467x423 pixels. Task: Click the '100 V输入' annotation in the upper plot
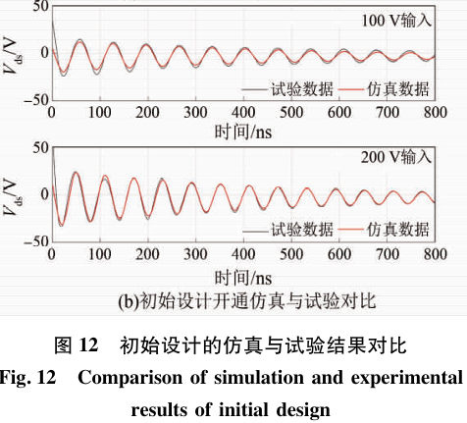click(x=396, y=21)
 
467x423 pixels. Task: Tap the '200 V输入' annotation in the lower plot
click(x=396, y=157)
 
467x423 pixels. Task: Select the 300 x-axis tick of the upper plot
click(x=195, y=113)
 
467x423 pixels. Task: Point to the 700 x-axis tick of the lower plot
click(x=388, y=254)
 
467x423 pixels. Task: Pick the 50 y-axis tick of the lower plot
click(x=41, y=147)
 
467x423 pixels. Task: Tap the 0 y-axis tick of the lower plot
click(x=45, y=194)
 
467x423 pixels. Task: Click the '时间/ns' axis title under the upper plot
click(x=243, y=132)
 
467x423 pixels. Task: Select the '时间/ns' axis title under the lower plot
click(x=243, y=278)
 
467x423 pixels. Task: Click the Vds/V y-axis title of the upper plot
click(x=14, y=53)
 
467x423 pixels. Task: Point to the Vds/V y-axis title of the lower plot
click(x=14, y=195)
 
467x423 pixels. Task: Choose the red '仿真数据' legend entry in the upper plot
click(x=384, y=89)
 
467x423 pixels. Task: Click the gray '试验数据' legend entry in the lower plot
click(x=287, y=230)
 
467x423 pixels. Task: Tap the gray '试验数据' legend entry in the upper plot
click(x=287, y=89)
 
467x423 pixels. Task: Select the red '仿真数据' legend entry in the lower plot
click(x=384, y=230)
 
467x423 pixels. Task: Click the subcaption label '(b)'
click(x=129, y=301)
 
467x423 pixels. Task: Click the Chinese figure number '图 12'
click(x=77, y=345)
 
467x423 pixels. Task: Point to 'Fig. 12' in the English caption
click(x=27, y=378)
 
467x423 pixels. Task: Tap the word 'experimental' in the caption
click(x=407, y=378)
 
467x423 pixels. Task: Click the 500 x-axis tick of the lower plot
click(x=291, y=254)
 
